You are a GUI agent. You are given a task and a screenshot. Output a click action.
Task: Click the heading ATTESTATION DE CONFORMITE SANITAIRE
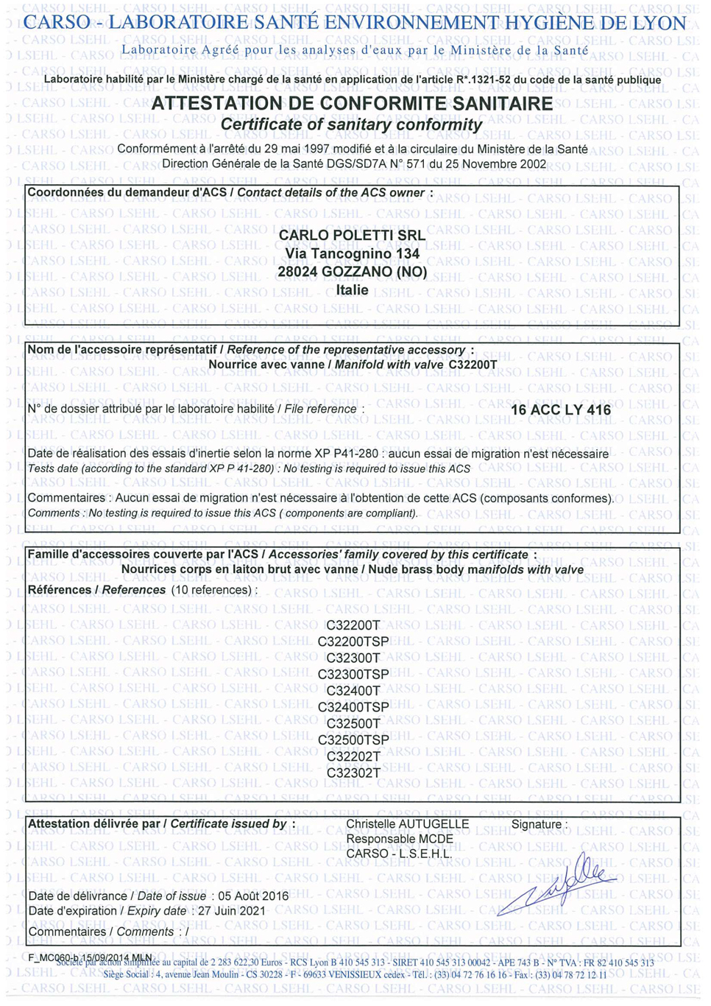click(x=352, y=104)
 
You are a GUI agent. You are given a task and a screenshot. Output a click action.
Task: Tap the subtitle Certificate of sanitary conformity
click(x=351, y=124)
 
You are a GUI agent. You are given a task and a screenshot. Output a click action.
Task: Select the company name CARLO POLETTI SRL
click(x=352, y=235)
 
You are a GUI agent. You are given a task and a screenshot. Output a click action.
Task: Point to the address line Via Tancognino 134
click(x=352, y=253)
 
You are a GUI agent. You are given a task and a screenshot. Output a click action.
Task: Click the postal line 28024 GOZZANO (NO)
click(x=352, y=272)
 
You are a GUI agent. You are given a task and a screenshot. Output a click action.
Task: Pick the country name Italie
click(x=352, y=290)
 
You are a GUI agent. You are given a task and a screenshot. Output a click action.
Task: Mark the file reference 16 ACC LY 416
click(x=560, y=410)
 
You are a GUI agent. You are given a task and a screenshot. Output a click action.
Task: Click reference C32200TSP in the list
click(x=353, y=641)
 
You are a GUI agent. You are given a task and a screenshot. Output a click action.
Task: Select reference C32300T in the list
click(x=353, y=658)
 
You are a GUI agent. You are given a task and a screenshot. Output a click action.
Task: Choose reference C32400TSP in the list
click(x=353, y=707)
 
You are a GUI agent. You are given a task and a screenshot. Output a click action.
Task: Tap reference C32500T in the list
click(x=353, y=723)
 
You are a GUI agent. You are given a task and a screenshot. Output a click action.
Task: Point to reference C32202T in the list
click(x=353, y=756)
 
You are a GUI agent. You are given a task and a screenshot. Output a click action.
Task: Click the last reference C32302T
click(x=353, y=773)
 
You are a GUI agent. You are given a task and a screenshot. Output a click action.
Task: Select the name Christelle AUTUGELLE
click(x=407, y=824)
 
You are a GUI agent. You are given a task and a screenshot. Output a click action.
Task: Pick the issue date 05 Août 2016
click(x=253, y=896)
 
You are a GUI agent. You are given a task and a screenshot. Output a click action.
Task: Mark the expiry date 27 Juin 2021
click(x=232, y=911)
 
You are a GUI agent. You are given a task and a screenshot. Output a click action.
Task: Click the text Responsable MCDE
click(x=400, y=839)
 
